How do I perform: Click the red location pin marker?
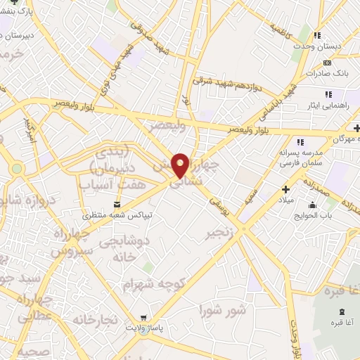[181, 165]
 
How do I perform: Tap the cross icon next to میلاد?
[286, 188]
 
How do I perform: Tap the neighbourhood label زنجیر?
[218, 232]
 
